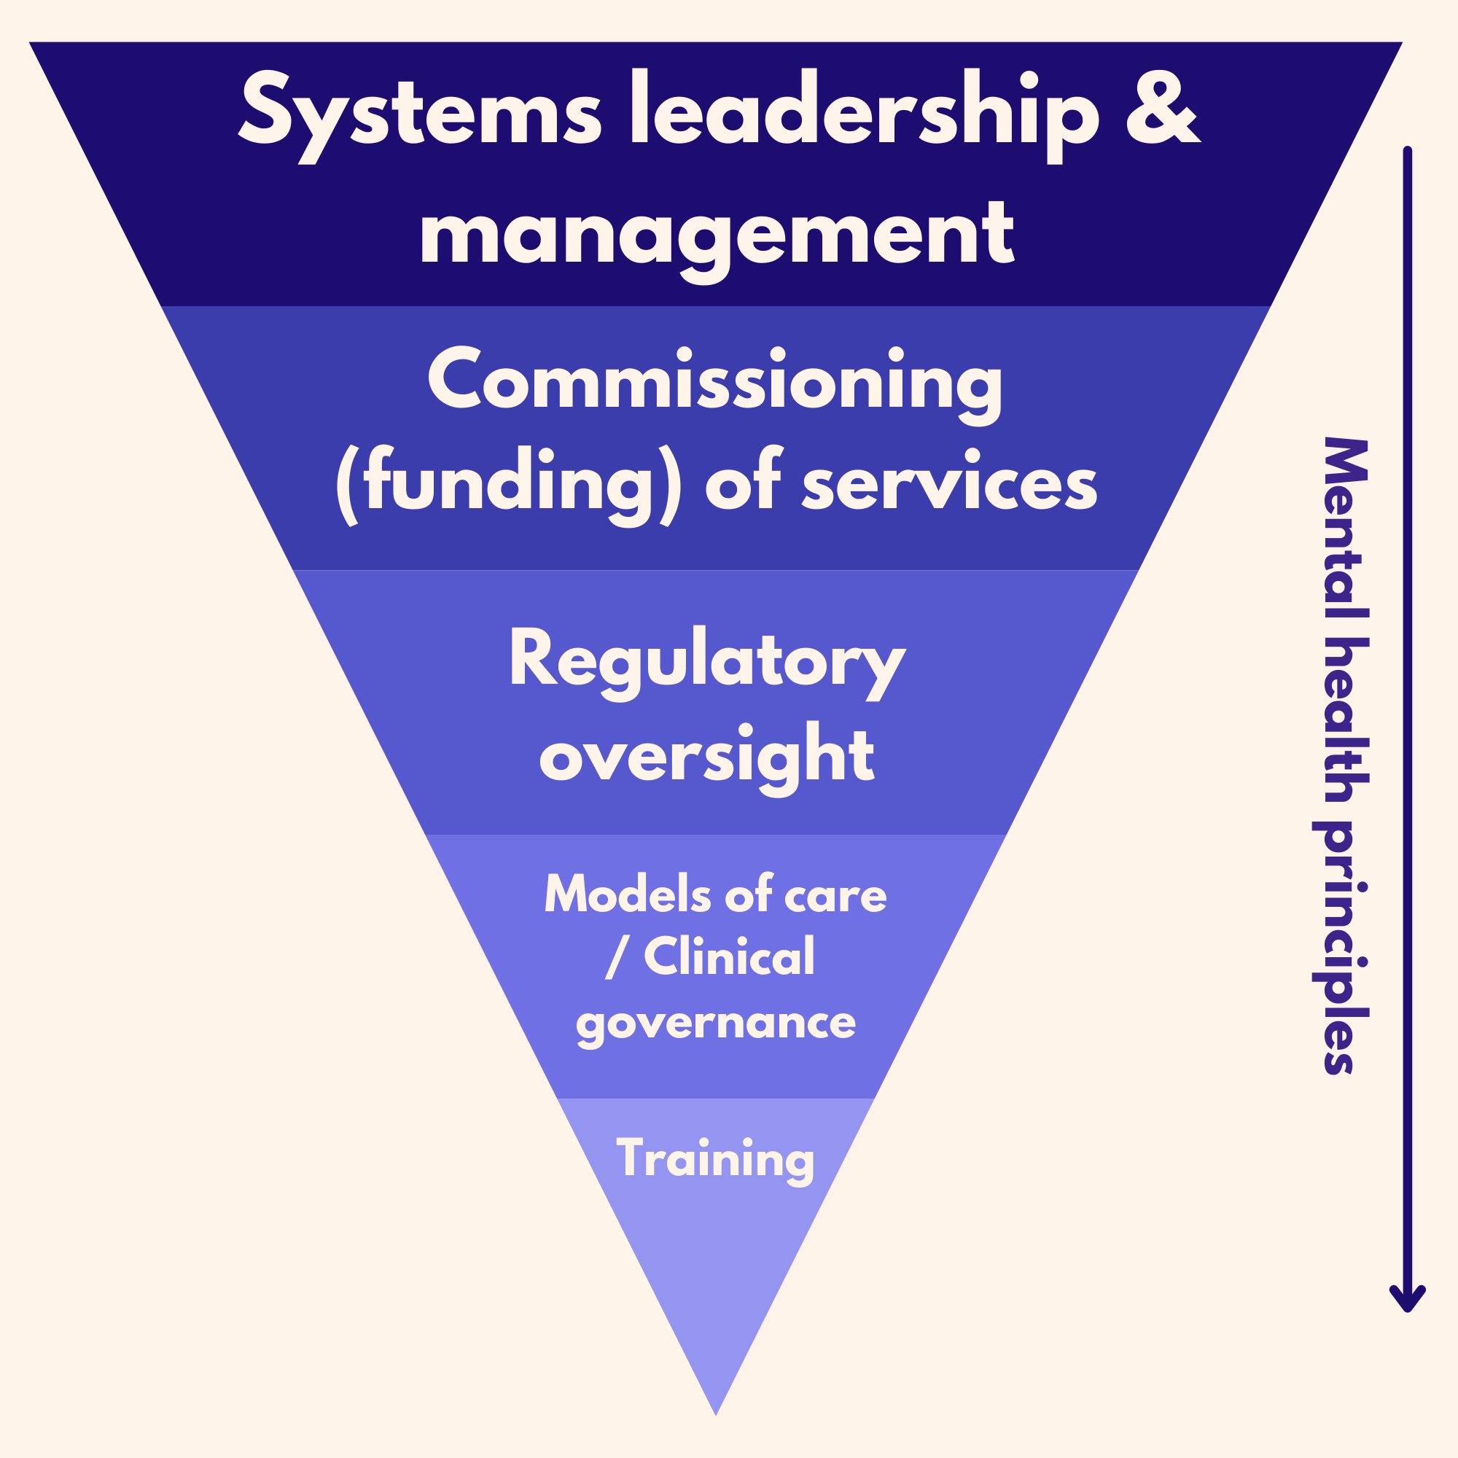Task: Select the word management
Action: click(x=717, y=234)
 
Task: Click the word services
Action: click(x=948, y=483)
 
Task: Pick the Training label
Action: click(x=715, y=1158)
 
